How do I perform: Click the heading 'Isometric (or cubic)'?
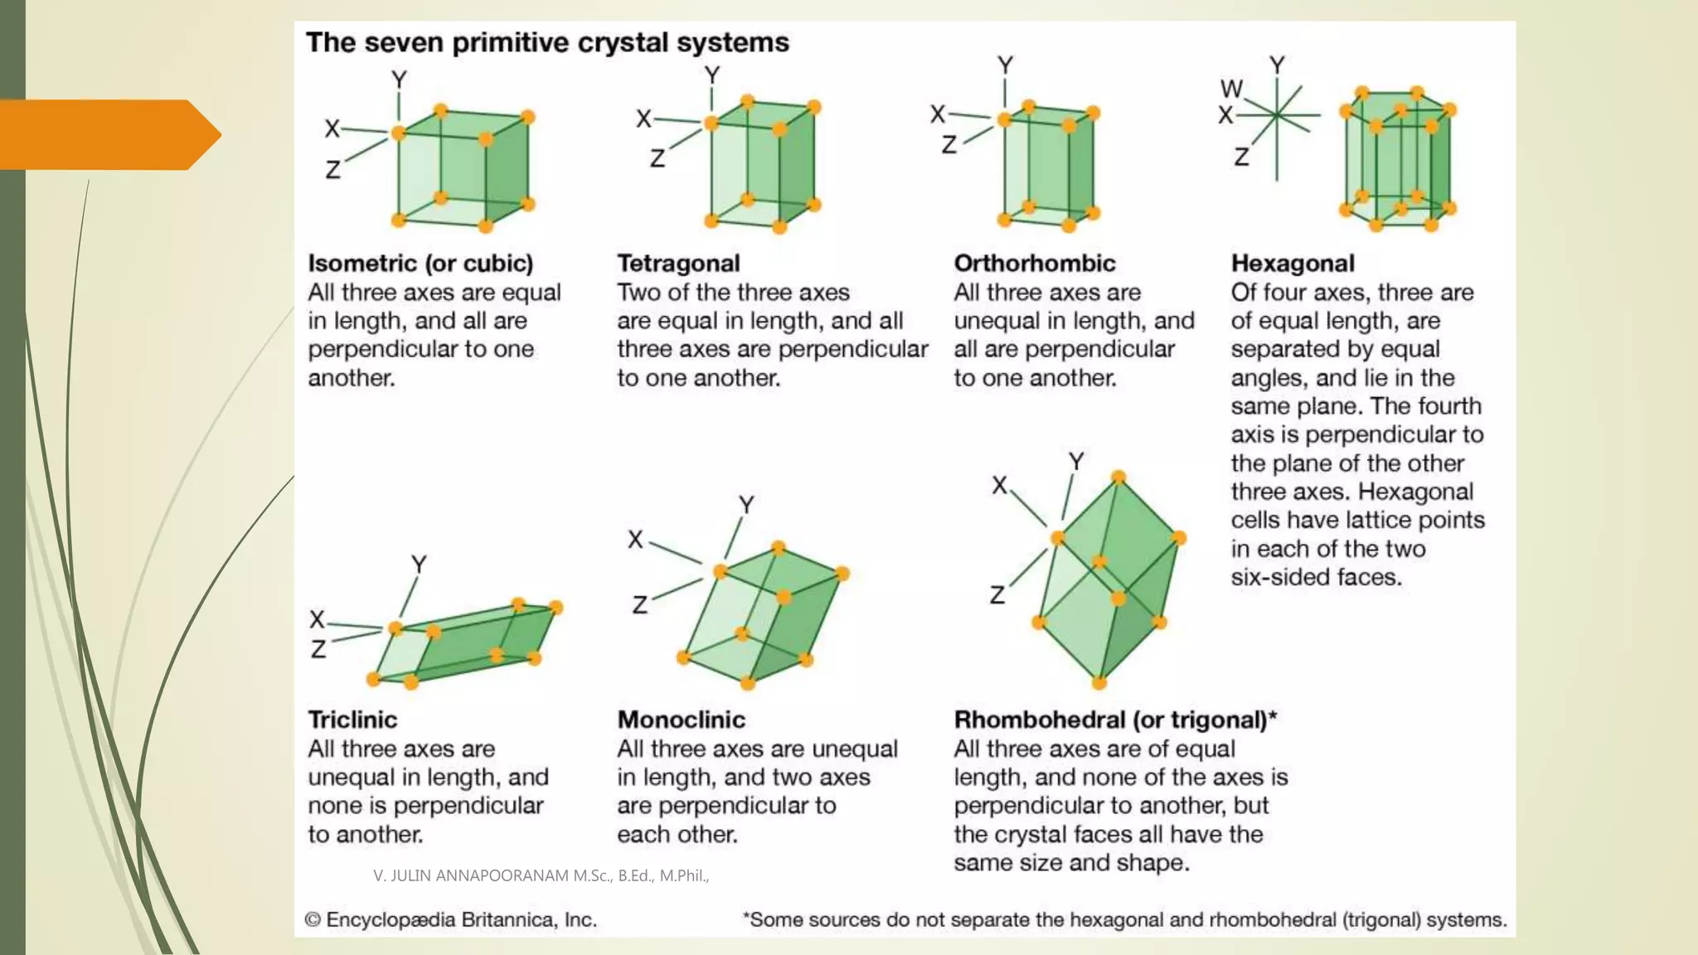click(420, 264)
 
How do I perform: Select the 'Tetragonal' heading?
click(678, 264)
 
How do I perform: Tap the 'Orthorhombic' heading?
click(1034, 264)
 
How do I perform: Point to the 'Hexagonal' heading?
click(1292, 264)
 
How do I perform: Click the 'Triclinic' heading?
click(352, 720)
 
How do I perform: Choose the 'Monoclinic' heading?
click(681, 720)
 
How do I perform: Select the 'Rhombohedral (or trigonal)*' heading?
click(1115, 720)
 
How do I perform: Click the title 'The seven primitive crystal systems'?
click(547, 43)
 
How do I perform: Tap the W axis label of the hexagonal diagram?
click(1231, 89)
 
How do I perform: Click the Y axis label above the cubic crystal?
click(399, 80)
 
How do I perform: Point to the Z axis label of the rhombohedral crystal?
click(997, 595)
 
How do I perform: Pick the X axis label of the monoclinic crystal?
click(635, 540)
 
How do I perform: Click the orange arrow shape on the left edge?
click(108, 134)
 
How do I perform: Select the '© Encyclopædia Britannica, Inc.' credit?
click(450, 920)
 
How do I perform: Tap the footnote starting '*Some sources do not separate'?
click(1124, 920)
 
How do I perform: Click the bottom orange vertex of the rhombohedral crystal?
click(1099, 683)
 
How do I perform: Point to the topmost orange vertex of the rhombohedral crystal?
click(1118, 477)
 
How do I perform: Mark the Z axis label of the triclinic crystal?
click(318, 649)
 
